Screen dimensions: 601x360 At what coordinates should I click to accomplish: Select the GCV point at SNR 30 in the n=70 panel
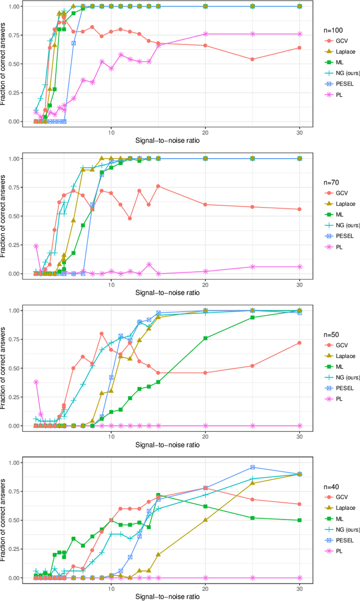pyautogui.click(x=299, y=209)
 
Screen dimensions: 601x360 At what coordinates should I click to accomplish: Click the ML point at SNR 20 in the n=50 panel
pyautogui.click(x=205, y=338)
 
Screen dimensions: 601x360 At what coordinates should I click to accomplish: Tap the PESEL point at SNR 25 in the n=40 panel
pyautogui.click(x=252, y=467)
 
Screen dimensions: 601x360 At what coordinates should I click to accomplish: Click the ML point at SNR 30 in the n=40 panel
pyautogui.click(x=299, y=521)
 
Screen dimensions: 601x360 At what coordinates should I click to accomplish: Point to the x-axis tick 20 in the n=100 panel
pyautogui.click(x=205, y=132)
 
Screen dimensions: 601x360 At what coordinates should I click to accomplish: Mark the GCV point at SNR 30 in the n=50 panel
pyautogui.click(x=299, y=343)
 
